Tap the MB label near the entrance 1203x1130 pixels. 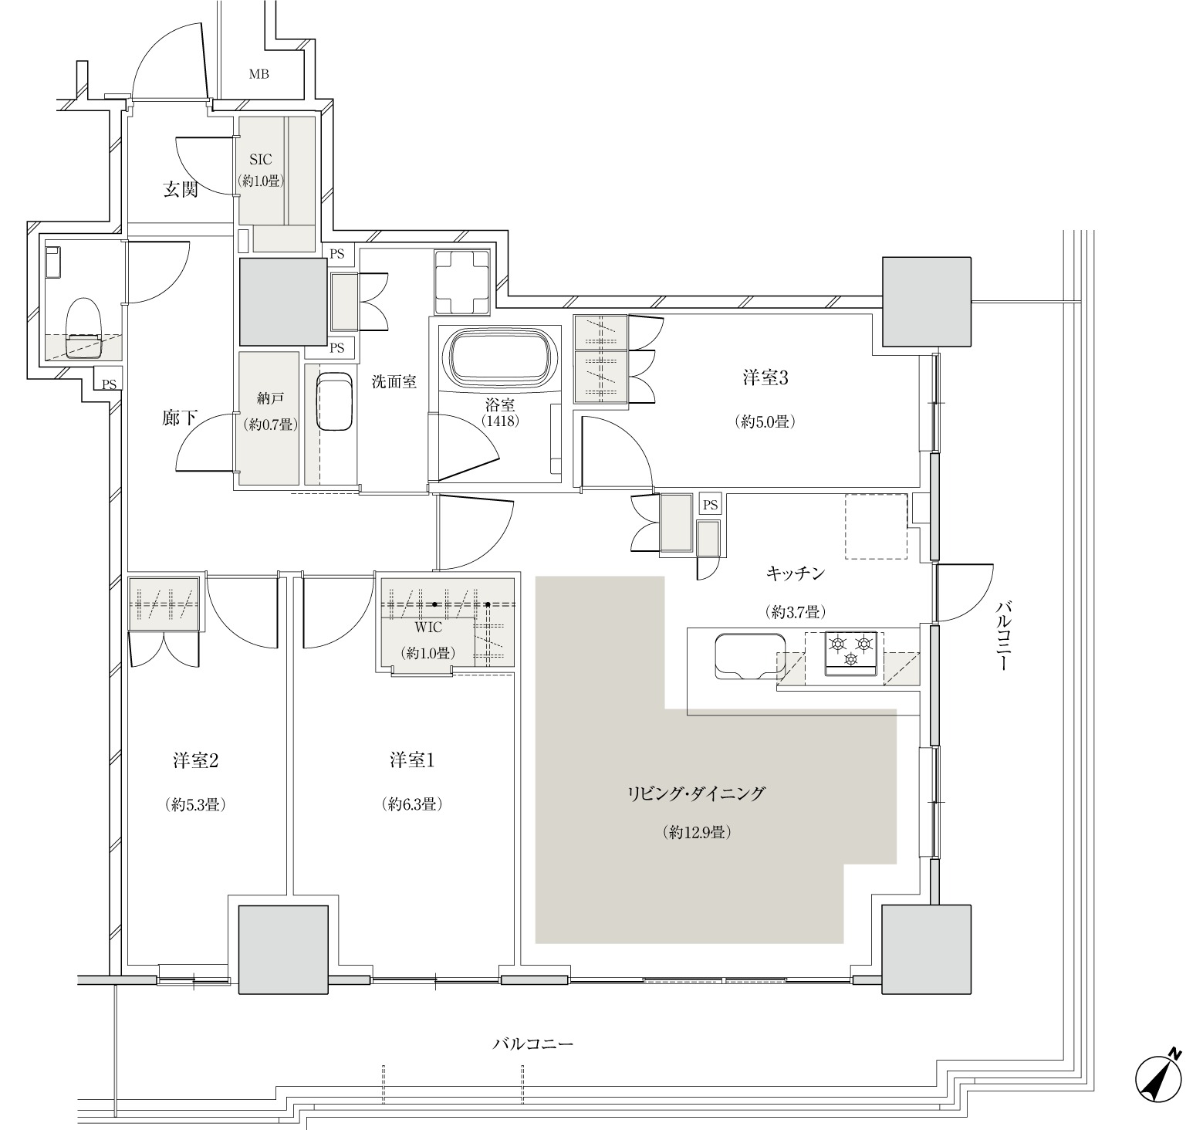[259, 75]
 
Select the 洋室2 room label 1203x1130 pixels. [195, 760]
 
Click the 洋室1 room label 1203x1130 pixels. [412, 760]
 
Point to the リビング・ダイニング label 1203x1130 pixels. [696, 793]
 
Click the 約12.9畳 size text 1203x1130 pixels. [697, 833]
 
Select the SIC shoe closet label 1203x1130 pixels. [261, 160]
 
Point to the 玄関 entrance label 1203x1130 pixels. [181, 189]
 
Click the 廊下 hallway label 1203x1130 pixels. [179, 418]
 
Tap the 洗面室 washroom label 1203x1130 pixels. [394, 381]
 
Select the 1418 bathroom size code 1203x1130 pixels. [498, 421]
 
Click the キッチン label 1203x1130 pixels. [796, 573]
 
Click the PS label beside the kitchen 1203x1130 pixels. [710, 506]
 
